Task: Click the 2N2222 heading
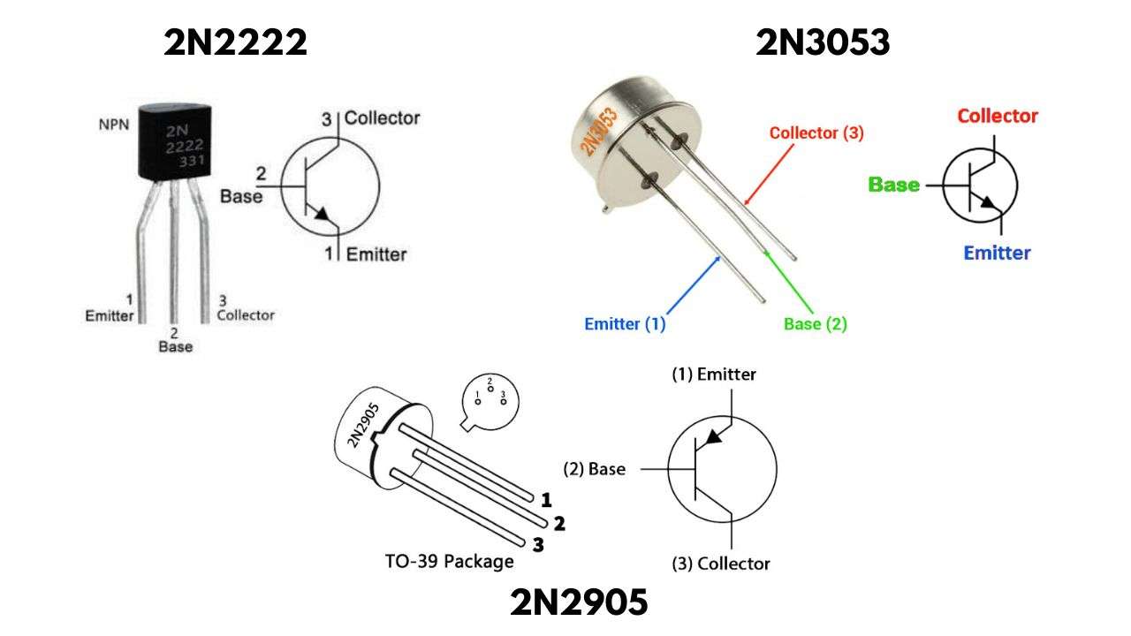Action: [235, 42]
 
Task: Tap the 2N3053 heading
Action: [823, 42]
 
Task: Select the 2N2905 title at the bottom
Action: [579, 603]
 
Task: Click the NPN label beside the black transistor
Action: [113, 124]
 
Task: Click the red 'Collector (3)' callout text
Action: [816, 133]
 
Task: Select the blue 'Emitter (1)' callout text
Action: [625, 324]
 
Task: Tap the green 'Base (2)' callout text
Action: [815, 324]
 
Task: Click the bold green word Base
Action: [893, 185]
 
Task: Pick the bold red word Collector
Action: [998, 116]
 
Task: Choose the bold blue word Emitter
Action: [997, 254]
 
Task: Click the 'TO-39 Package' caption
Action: [449, 561]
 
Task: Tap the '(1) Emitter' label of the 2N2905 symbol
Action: [714, 375]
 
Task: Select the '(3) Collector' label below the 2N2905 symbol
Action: [720, 564]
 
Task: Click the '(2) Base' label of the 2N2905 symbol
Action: [594, 469]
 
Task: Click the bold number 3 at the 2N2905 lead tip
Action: [537, 545]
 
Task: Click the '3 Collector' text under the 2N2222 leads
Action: [245, 308]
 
